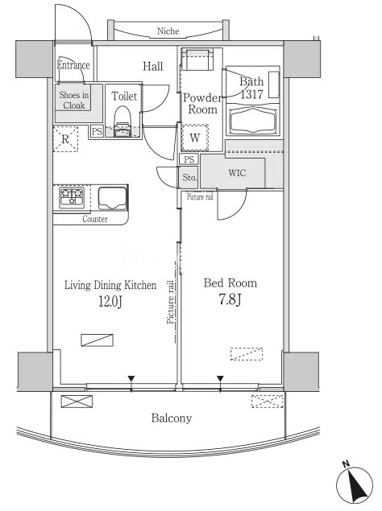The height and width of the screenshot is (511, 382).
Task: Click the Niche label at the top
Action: [168, 31]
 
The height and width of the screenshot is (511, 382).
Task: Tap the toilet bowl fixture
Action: [122, 122]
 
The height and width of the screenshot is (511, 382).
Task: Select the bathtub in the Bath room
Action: [253, 122]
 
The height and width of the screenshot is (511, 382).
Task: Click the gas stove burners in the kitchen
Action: [72, 197]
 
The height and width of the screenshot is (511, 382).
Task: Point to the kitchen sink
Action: [113, 198]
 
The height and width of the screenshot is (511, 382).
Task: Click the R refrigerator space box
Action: [65, 139]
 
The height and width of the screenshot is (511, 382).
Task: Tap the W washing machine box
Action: [195, 138]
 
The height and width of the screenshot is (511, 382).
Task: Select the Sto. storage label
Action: [189, 178]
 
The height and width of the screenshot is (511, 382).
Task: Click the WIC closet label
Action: [237, 173]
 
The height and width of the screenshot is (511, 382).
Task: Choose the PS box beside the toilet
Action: [97, 132]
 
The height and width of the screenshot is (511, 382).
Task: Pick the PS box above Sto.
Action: [189, 159]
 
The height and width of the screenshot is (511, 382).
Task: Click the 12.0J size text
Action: [110, 302]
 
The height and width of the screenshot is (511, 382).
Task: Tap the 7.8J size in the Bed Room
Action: [230, 299]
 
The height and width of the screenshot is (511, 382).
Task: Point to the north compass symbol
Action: [355, 483]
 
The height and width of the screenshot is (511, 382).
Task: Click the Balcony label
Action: [172, 418]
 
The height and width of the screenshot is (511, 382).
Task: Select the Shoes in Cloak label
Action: [74, 100]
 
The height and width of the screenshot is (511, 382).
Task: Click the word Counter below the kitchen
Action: [95, 219]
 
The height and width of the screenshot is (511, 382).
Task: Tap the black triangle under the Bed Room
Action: [220, 379]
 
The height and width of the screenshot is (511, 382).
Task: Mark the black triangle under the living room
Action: [131, 379]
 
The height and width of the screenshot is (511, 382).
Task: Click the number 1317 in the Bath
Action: [251, 94]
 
